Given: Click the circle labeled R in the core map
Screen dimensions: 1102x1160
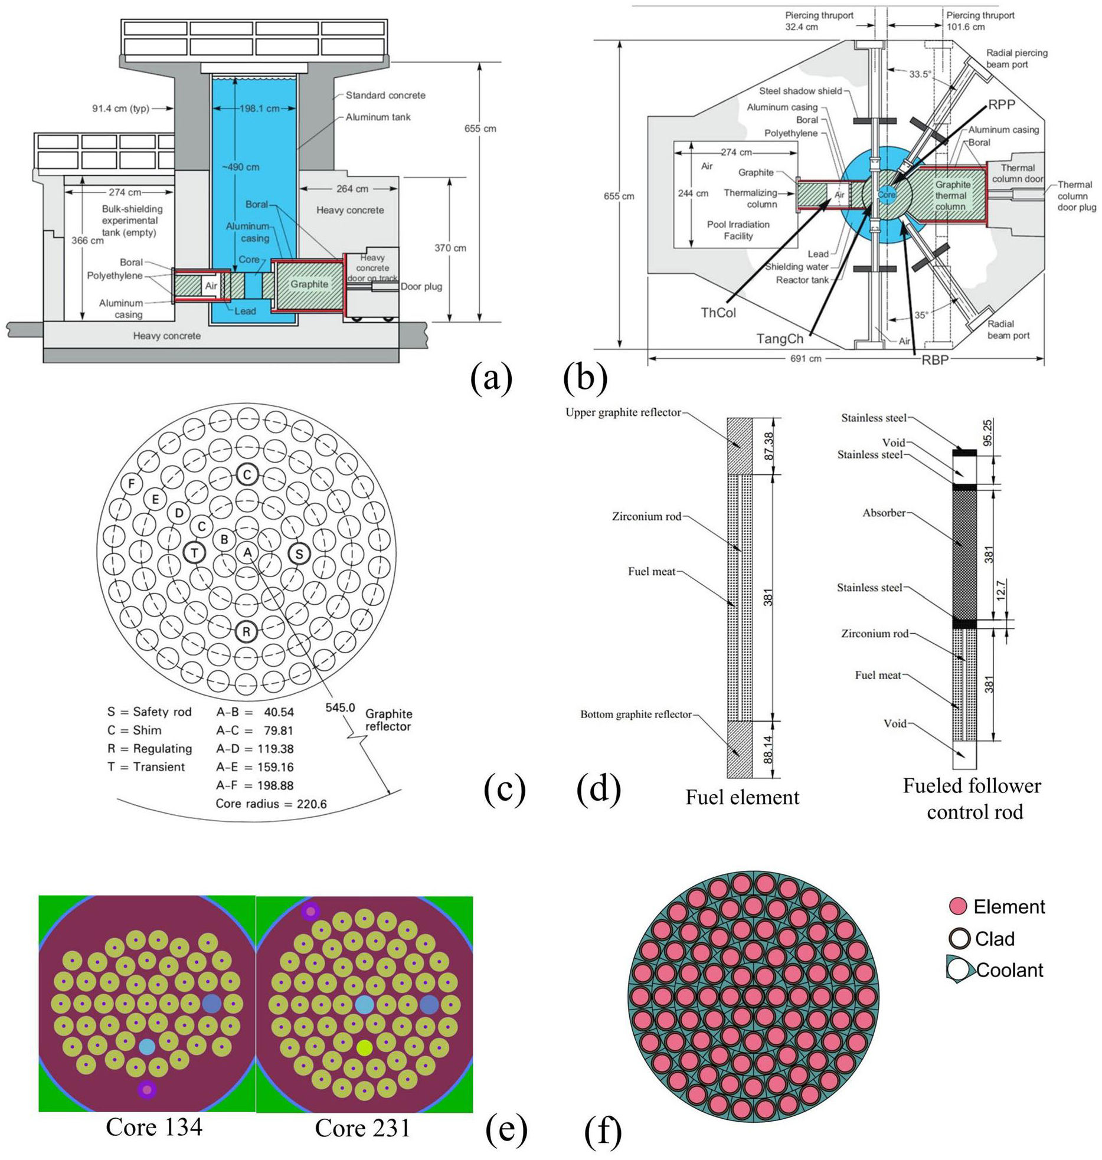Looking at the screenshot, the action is click(246, 632).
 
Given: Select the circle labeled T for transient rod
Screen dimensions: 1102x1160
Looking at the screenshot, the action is click(194, 553).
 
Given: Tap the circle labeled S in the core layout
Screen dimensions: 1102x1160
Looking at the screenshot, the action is click(299, 553).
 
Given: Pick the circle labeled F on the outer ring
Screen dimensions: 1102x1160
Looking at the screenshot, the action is click(131, 483).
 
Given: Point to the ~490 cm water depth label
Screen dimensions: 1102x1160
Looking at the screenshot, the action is click(240, 167).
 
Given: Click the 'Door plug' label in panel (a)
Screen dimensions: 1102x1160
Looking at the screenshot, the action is click(421, 287).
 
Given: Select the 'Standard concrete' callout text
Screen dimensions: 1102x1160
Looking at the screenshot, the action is click(385, 95).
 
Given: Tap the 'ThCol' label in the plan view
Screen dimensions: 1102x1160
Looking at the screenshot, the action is click(718, 313).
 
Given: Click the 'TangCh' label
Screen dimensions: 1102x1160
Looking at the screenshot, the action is click(780, 339).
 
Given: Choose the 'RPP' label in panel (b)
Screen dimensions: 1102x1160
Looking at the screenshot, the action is click(1002, 104).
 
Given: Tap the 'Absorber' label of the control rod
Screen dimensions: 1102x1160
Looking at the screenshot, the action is click(884, 513).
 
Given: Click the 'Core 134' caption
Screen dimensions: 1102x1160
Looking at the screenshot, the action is click(154, 1126).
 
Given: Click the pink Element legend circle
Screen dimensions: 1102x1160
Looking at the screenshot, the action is click(957, 906).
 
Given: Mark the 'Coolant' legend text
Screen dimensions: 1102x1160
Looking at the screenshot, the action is click(1010, 970).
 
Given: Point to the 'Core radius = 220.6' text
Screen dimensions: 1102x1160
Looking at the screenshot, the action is click(271, 804).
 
